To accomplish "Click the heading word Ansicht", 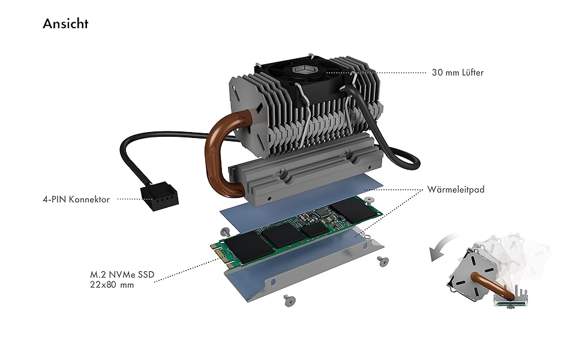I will (x=65, y=24).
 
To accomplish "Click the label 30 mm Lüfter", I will (x=457, y=73).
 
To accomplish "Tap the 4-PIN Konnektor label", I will (x=80, y=199).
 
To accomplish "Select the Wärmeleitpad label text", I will (x=457, y=189).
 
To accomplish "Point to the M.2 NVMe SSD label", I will (x=118, y=275).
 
